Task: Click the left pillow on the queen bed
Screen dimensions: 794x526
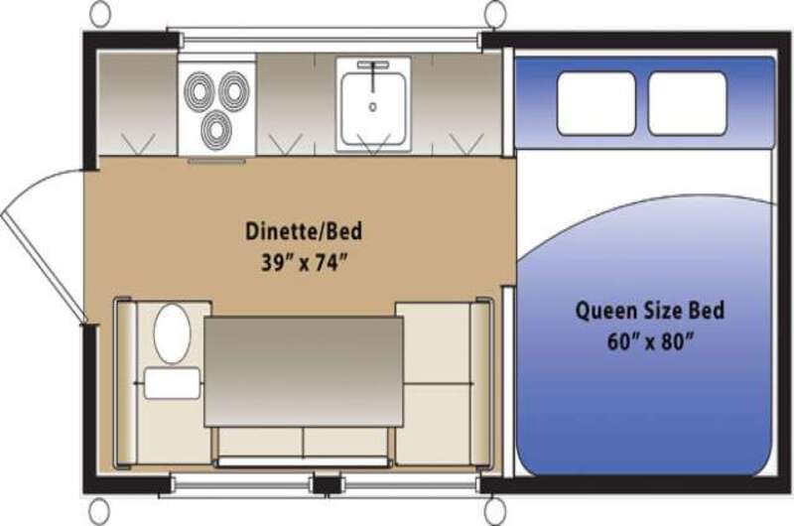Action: pos(596,103)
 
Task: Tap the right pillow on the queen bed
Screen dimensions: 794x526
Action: pos(687,103)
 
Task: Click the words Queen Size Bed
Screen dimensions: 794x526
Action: pos(650,310)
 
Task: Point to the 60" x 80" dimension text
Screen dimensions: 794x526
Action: pos(650,341)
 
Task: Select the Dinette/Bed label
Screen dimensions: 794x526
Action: pos(304,231)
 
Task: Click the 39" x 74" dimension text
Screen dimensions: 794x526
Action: pos(304,263)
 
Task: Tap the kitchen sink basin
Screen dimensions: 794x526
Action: pos(373,108)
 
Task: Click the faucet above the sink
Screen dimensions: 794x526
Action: pos(373,70)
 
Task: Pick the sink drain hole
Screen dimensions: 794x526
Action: pos(373,107)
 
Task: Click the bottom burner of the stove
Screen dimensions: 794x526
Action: pos(216,129)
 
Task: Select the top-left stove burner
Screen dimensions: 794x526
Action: pos(199,92)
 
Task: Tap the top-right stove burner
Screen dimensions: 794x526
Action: pos(234,91)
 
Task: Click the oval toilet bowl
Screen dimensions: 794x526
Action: pos(172,333)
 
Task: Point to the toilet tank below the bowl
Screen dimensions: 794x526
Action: pos(172,383)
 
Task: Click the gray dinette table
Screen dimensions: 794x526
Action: pos(304,371)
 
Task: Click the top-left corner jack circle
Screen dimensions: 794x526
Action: pos(102,13)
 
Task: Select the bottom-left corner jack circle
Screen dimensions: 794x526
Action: pos(99,511)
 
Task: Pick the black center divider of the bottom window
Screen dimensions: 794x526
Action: pos(327,484)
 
